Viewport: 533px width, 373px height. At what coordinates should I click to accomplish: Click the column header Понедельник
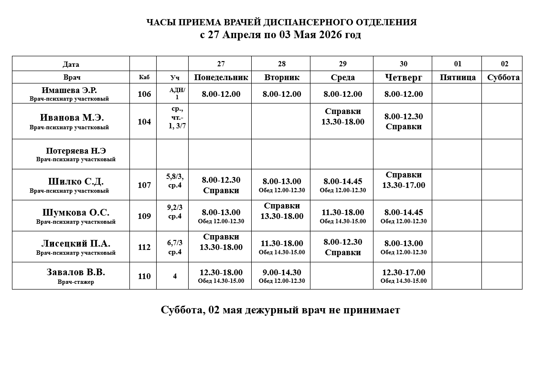[x=221, y=77]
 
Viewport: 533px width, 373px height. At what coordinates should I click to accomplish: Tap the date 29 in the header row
[x=342, y=64]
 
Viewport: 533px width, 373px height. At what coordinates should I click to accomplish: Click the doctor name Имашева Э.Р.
[x=69, y=90]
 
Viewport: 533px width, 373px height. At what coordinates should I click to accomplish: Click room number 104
[x=144, y=122]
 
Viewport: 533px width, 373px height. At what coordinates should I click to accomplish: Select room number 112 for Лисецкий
[x=144, y=247]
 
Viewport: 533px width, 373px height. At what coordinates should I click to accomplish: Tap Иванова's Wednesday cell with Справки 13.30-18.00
[x=342, y=116]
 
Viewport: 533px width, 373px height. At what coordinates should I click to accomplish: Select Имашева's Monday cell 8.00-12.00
[x=221, y=94]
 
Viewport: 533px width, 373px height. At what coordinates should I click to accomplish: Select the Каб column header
[x=144, y=77]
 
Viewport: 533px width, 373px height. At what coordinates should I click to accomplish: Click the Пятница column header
[x=457, y=77]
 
